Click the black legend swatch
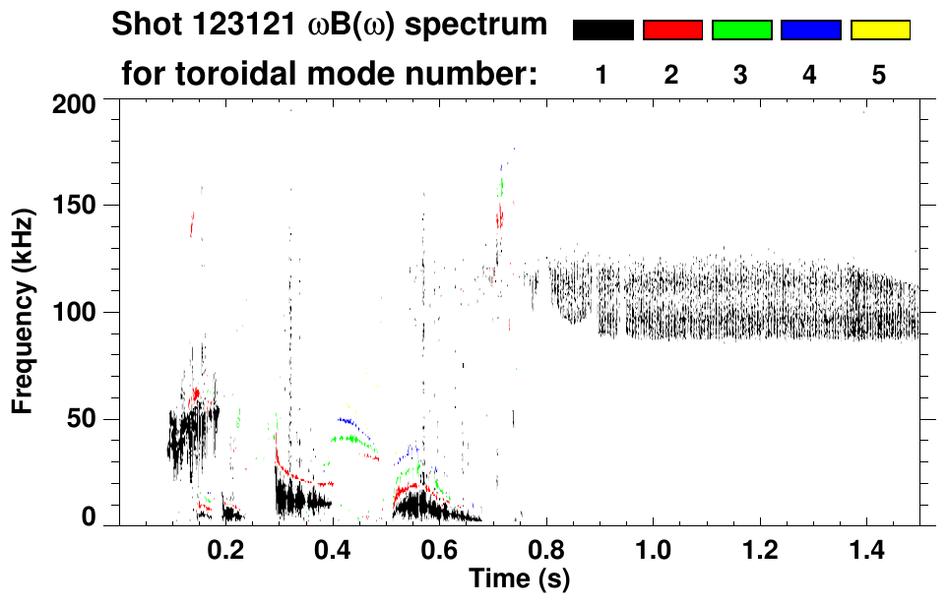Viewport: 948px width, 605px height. click(x=603, y=30)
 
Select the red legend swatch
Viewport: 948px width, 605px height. click(x=672, y=30)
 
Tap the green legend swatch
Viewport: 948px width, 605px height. click(x=741, y=30)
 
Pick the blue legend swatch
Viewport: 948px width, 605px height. click(x=810, y=30)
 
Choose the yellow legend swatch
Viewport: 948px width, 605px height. click(x=880, y=30)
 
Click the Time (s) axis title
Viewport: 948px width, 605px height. click(x=519, y=579)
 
